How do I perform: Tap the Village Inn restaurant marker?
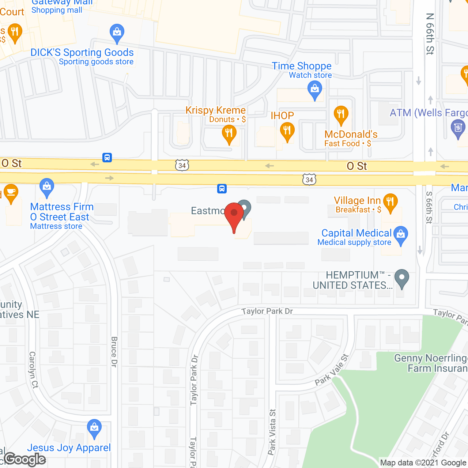(390, 202)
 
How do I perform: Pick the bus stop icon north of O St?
(107, 158)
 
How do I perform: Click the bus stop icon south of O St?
(222, 189)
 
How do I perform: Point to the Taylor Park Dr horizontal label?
(267, 311)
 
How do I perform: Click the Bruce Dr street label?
(114, 352)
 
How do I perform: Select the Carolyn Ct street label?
(33, 369)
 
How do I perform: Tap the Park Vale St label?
(332, 370)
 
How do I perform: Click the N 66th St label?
(430, 34)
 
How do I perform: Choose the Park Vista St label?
(272, 432)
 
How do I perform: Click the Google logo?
(25, 459)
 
